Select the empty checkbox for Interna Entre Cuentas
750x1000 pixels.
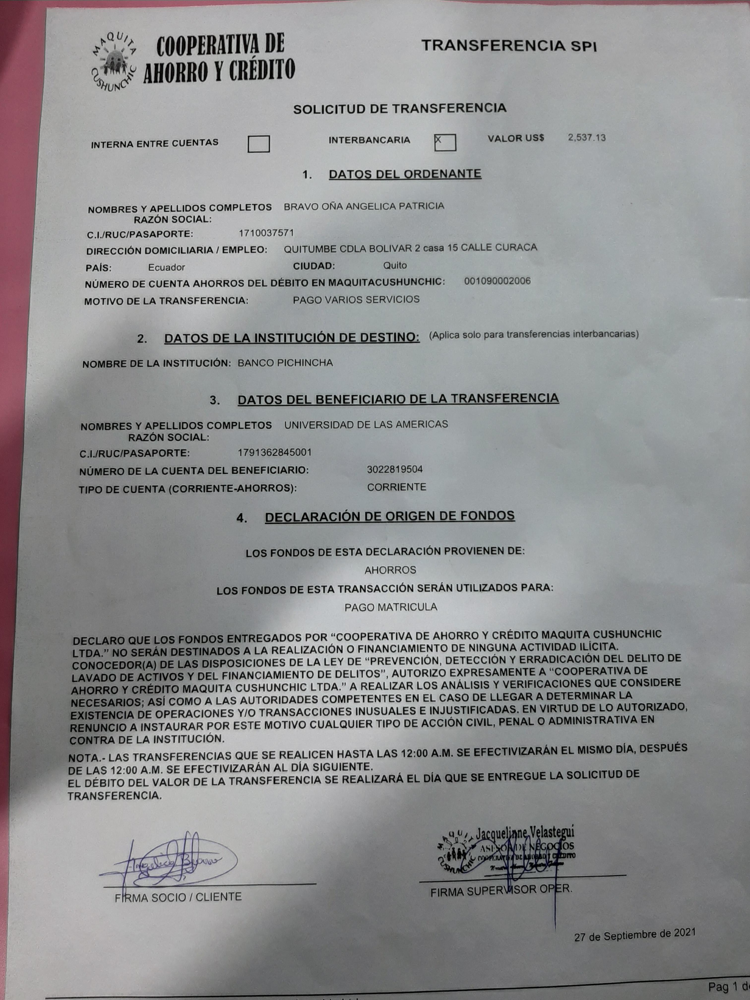point(259,144)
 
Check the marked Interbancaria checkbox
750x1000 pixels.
point(445,142)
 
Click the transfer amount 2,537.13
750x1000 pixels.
point(586,137)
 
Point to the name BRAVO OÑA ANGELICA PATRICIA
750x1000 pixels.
point(364,206)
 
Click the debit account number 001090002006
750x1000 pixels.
point(497,281)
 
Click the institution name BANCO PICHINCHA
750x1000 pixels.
point(285,363)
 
